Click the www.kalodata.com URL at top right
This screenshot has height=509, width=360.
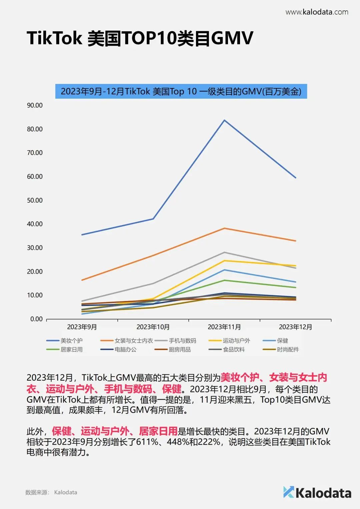[317, 12]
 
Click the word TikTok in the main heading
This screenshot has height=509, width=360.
[54, 38]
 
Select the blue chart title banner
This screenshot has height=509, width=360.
[181, 91]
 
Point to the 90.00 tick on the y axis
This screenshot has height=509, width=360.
[35, 105]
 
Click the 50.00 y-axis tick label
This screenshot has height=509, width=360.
[35, 200]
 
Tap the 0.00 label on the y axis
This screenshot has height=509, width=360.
[36, 319]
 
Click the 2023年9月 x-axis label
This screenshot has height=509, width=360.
[82, 327]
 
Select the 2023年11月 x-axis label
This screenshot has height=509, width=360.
[224, 327]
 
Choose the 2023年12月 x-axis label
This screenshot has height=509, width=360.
[295, 327]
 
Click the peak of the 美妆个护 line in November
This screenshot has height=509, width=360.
[224, 120]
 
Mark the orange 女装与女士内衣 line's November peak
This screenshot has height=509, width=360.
[224, 228]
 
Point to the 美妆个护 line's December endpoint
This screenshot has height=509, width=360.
[295, 178]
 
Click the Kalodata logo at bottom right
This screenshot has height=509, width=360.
[317, 493]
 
